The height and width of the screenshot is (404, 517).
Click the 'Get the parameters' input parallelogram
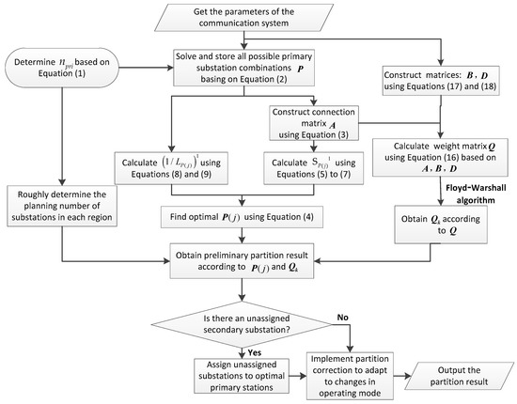(x=244, y=18)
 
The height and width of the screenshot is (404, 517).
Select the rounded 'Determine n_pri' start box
(x=62, y=68)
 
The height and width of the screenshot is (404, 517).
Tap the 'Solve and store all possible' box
(x=243, y=68)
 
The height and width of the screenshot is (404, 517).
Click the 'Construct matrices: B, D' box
(x=441, y=81)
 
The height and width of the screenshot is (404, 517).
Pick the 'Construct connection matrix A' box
(x=314, y=123)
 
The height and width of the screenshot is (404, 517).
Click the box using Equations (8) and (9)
(x=171, y=168)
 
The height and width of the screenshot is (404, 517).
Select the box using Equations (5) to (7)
(x=314, y=168)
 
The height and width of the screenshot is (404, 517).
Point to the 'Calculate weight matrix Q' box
(x=440, y=157)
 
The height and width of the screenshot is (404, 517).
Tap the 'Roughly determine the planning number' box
(x=62, y=206)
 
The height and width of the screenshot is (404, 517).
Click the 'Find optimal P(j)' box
(x=242, y=217)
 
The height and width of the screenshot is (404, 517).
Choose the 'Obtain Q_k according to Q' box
(x=441, y=225)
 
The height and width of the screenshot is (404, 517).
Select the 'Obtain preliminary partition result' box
(x=242, y=261)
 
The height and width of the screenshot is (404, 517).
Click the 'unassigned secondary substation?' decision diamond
(x=242, y=324)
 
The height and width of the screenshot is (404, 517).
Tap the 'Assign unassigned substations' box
(x=242, y=376)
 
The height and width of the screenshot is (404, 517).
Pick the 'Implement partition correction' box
(x=350, y=376)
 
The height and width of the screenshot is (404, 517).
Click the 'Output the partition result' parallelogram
(x=459, y=376)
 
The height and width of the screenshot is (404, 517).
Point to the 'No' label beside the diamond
(x=342, y=318)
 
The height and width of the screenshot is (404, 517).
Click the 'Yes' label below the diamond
(x=255, y=352)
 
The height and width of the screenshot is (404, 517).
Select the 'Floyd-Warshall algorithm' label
(x=476, y=194)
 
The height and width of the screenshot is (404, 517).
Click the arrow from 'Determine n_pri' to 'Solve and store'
(x=146, y=68)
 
